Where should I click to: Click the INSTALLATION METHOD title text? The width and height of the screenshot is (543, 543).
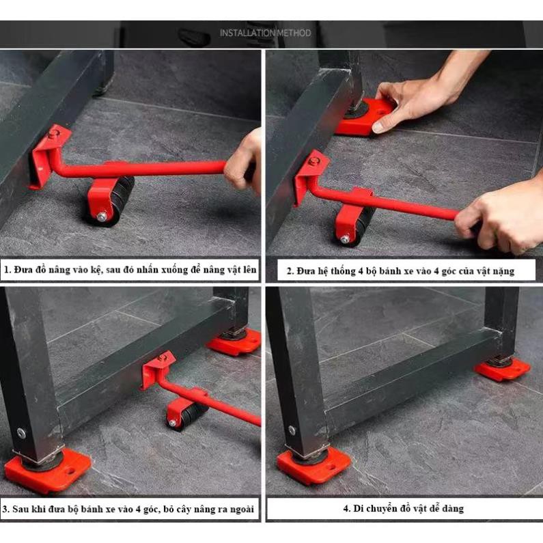(x=265, y=33)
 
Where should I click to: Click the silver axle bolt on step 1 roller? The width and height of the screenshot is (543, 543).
(x=102, y=217)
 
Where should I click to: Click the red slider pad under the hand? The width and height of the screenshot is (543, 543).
(x=363, y=117)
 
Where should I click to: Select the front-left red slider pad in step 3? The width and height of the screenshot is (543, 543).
(x=48, y=469)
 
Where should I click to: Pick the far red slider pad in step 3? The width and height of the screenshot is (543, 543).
(x=234, y=342)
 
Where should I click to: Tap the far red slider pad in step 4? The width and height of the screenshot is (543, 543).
(x=502, y=370)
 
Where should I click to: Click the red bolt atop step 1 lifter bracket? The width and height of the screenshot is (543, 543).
(x=53, y=134)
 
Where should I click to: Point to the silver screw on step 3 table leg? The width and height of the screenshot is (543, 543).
(x=21, y=433)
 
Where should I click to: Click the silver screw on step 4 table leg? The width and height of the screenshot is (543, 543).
(x=292, y=430)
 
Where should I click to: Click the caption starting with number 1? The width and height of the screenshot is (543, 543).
(x=130, y=270)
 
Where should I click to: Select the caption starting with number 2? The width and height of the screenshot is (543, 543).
(x=401, y=270)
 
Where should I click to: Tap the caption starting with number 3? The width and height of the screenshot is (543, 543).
(x=128, y=509)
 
